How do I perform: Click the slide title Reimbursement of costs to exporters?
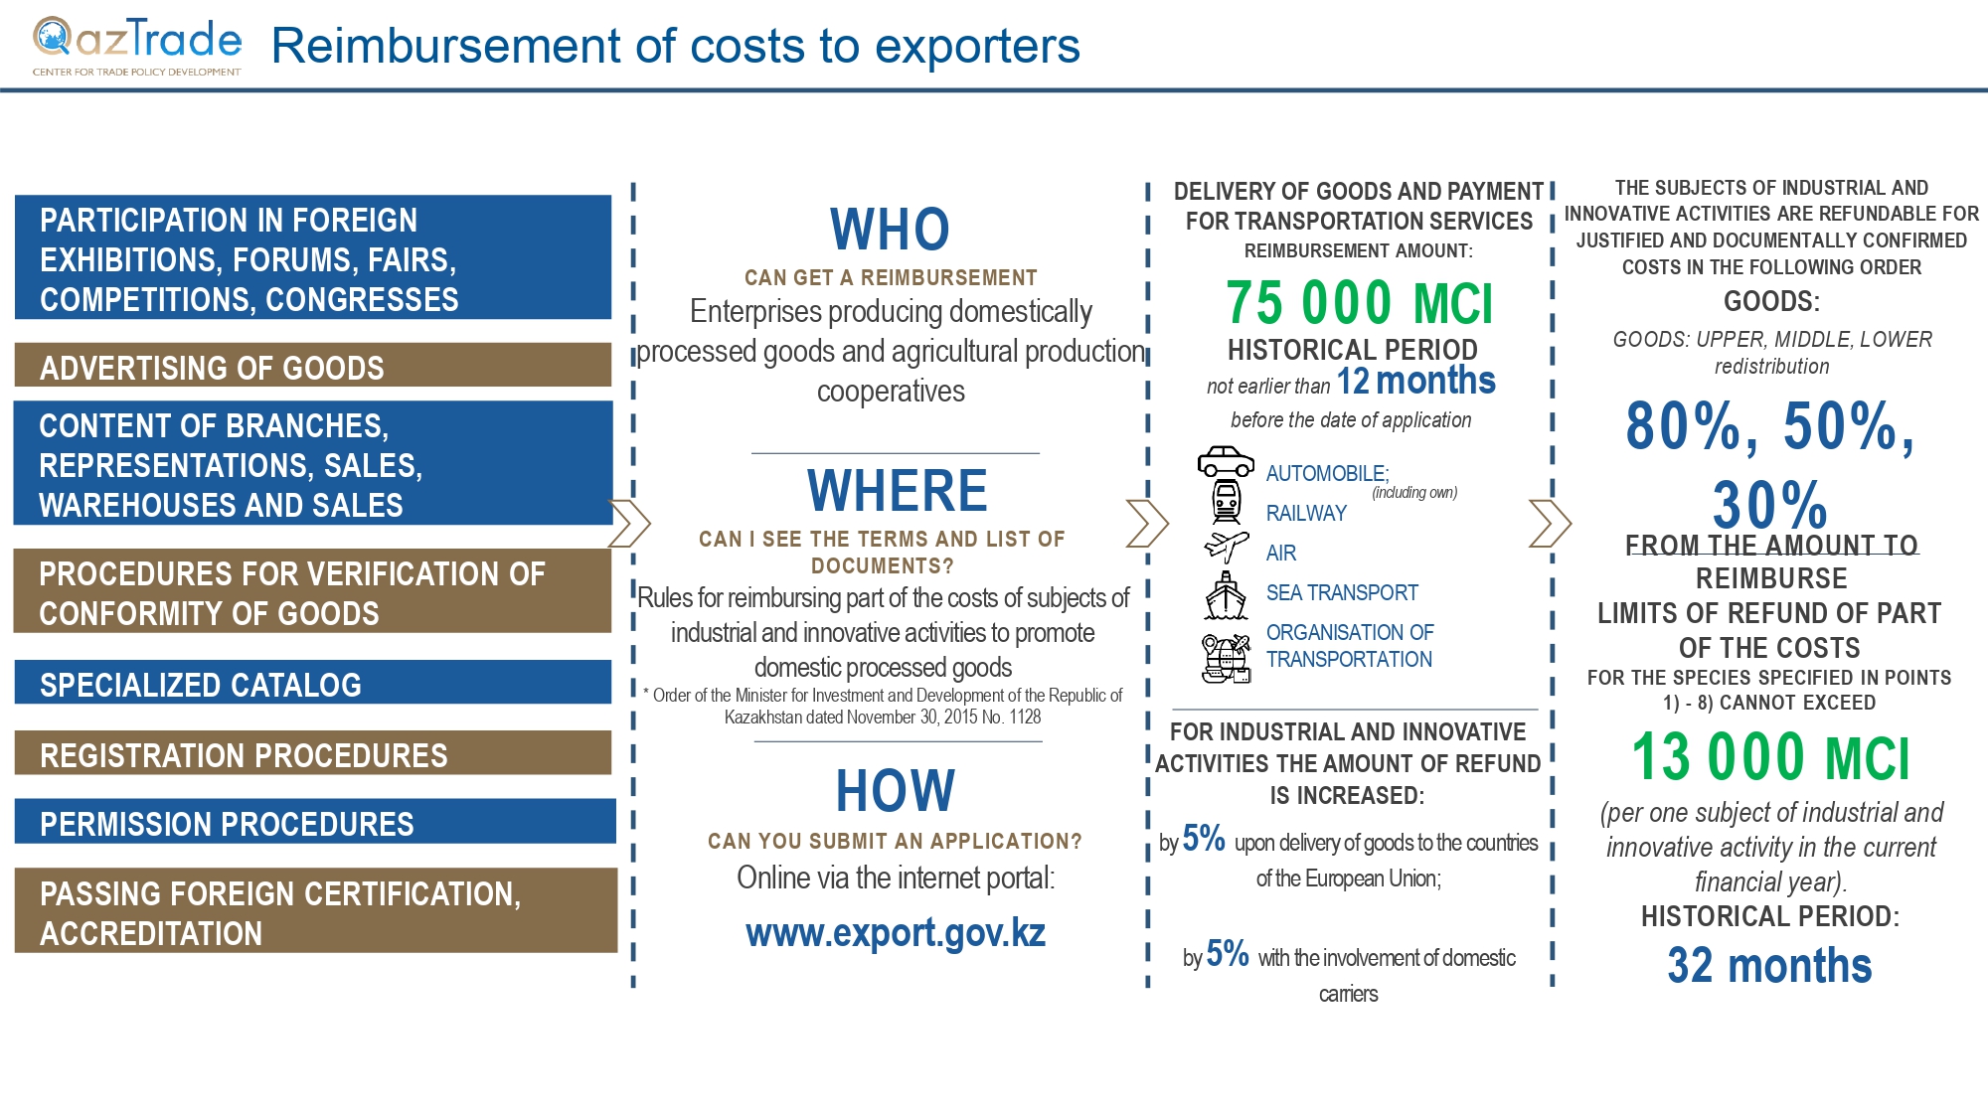point(675,46)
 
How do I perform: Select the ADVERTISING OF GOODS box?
point(313,365)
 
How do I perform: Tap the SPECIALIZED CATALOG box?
point(313,682)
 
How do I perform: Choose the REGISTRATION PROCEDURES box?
point(313,752)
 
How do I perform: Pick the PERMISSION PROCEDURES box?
point(315,821)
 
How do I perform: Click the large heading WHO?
point(890,230)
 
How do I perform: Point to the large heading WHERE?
point(897,491)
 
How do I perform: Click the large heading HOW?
point(895,791)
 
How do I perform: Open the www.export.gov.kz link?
point(896,933)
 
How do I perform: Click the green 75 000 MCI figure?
point(1359,303)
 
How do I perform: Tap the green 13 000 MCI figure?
point(1770,757)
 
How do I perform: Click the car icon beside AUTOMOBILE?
point(1226,462)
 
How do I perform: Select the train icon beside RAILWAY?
point(1227,502)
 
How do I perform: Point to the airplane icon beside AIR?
point(1226,546)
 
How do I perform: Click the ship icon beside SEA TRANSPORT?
point(1226,595)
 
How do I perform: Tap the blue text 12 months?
point(1415,381)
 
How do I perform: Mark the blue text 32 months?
point(1769,965)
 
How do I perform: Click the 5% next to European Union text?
point(1204,839)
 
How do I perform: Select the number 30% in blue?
point(1769,504)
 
